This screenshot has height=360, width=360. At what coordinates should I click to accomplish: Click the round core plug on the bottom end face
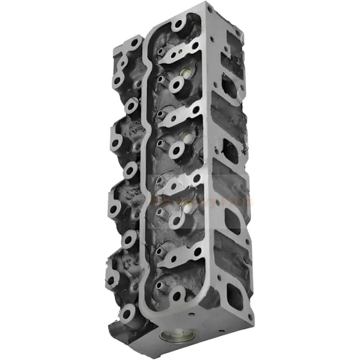(170, 338)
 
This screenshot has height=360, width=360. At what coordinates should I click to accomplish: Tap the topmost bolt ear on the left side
(133, 44)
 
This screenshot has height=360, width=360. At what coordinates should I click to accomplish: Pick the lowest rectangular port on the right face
(232, 293)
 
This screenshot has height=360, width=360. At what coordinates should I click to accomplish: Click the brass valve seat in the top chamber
(186, 73)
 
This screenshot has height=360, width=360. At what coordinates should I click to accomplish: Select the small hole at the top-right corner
(210, 10)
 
